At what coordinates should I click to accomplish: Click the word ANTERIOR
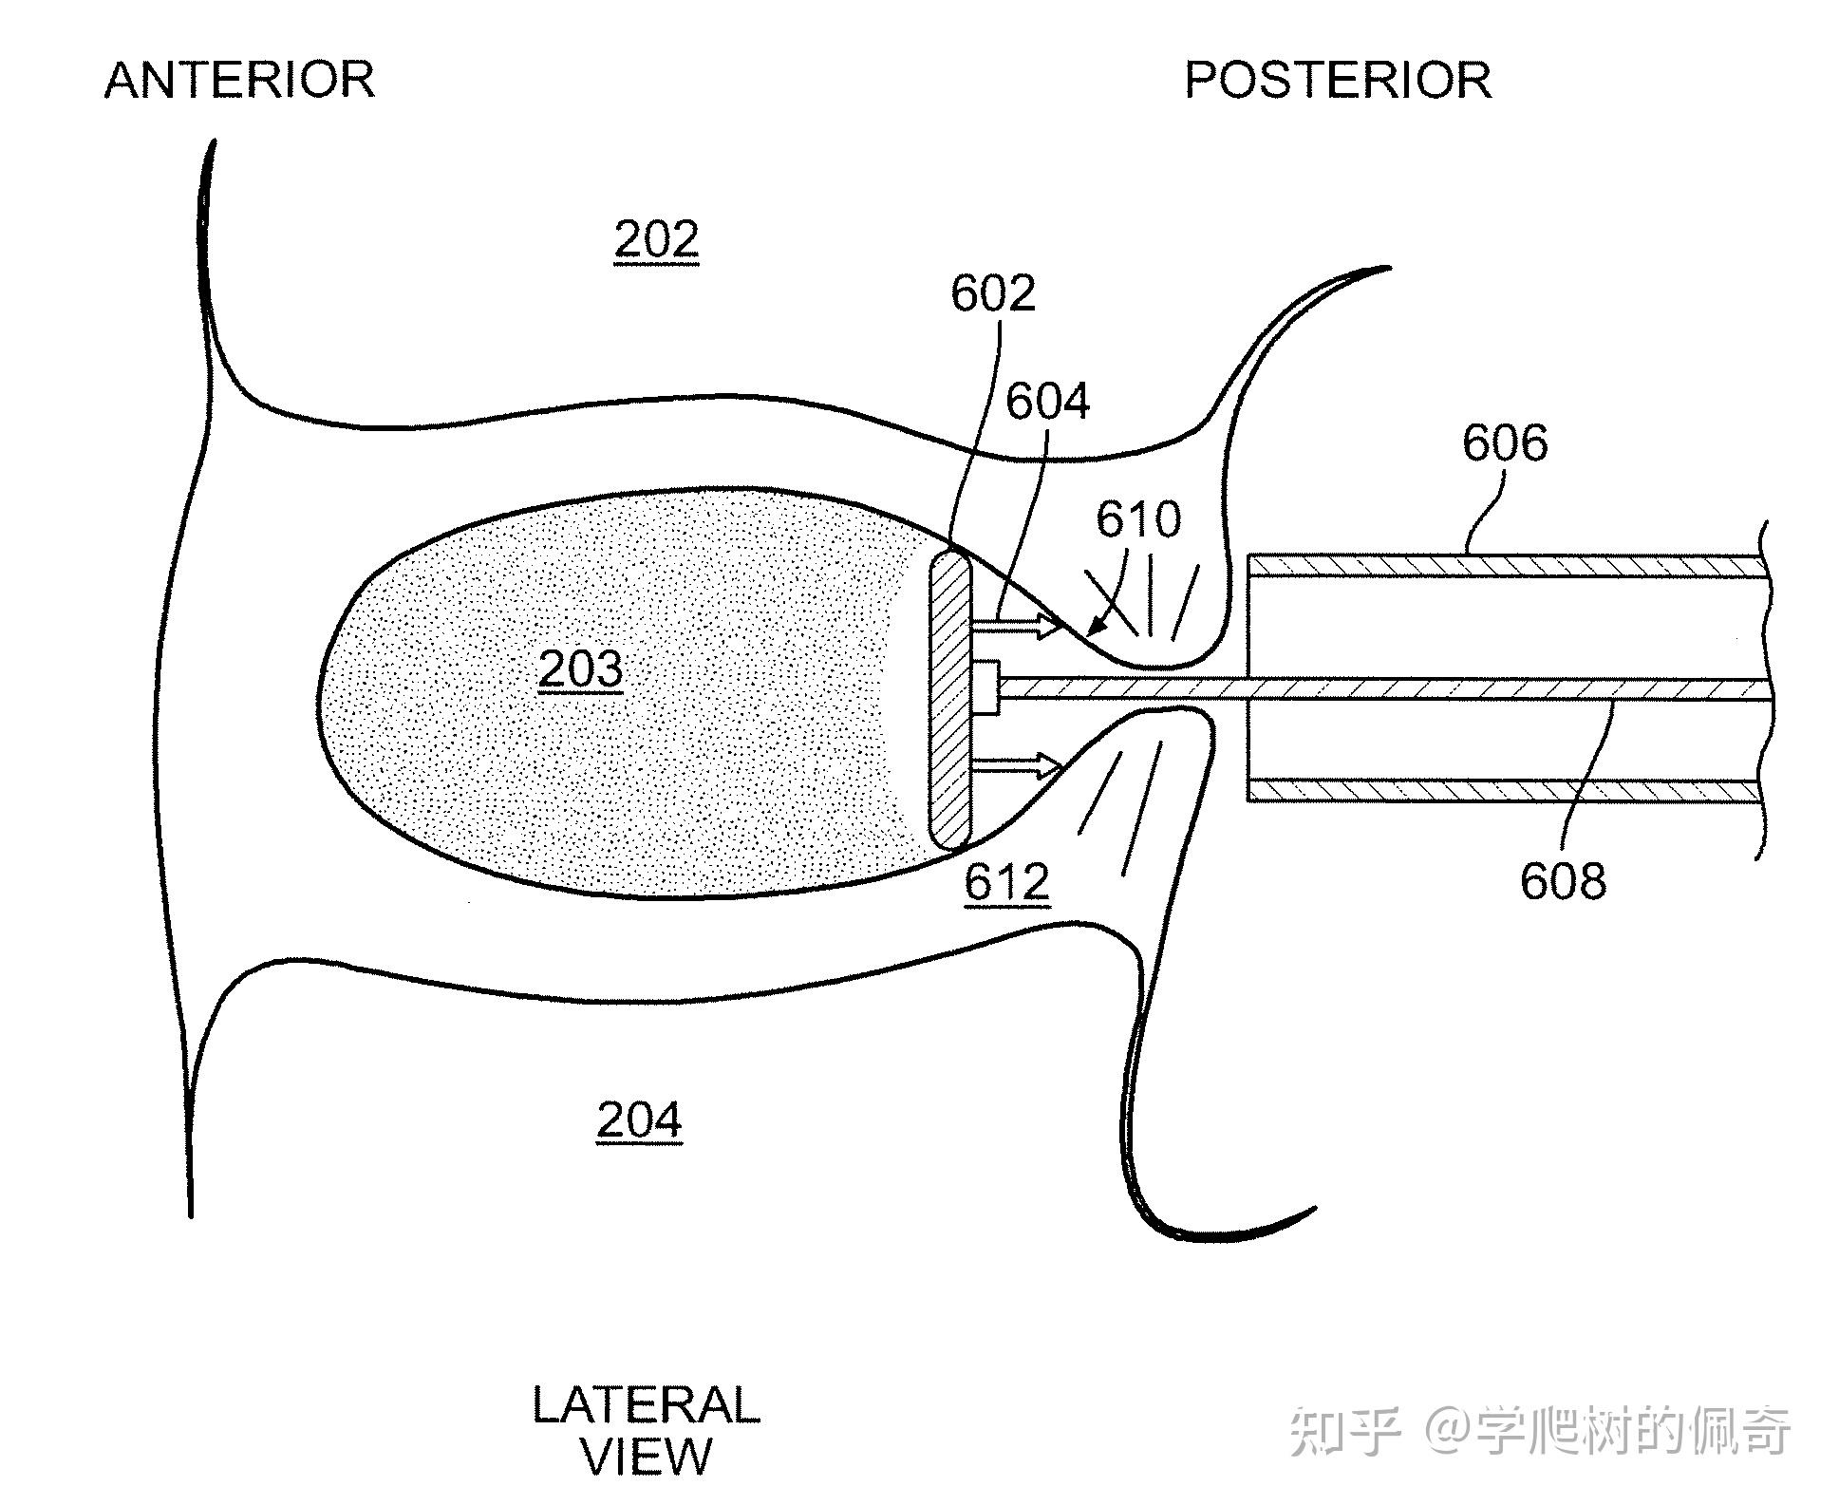click(x=239, y=80)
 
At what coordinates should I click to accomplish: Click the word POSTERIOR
click(x=1337, y=80)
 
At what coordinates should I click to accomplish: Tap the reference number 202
click(x=656, y=239)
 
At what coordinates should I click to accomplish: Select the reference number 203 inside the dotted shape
click(x=580, y=669)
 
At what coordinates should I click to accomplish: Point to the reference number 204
click(x=639, y=1120)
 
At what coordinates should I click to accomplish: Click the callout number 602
click(x=992, y=294)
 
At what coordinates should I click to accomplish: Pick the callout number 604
click(x=1047, y=402)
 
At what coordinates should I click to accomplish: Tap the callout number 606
click(x=1505, y=443)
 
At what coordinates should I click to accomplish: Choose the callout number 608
click(x=1563, y=881)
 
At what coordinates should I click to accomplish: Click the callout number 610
click(x=1138, y=519)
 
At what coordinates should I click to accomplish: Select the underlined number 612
click(x=1006, y=882)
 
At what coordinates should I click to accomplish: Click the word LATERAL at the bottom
click(x=646, y=1405)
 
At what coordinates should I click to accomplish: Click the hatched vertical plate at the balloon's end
click(x=950, y=701)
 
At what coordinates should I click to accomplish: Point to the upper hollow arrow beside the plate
click(x=1017, y=626)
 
